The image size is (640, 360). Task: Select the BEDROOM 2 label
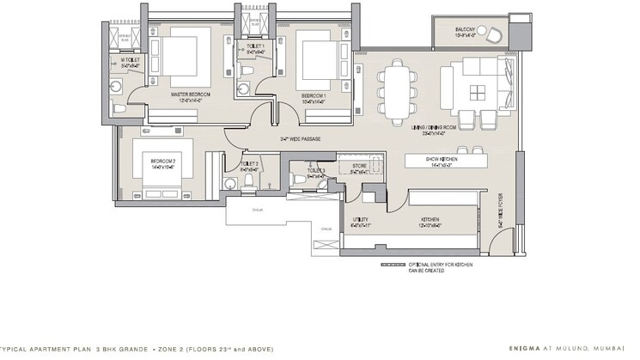coord(163,161)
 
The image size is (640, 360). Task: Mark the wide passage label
coord(295,138)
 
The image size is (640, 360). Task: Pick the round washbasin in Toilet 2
coord(229,183)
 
